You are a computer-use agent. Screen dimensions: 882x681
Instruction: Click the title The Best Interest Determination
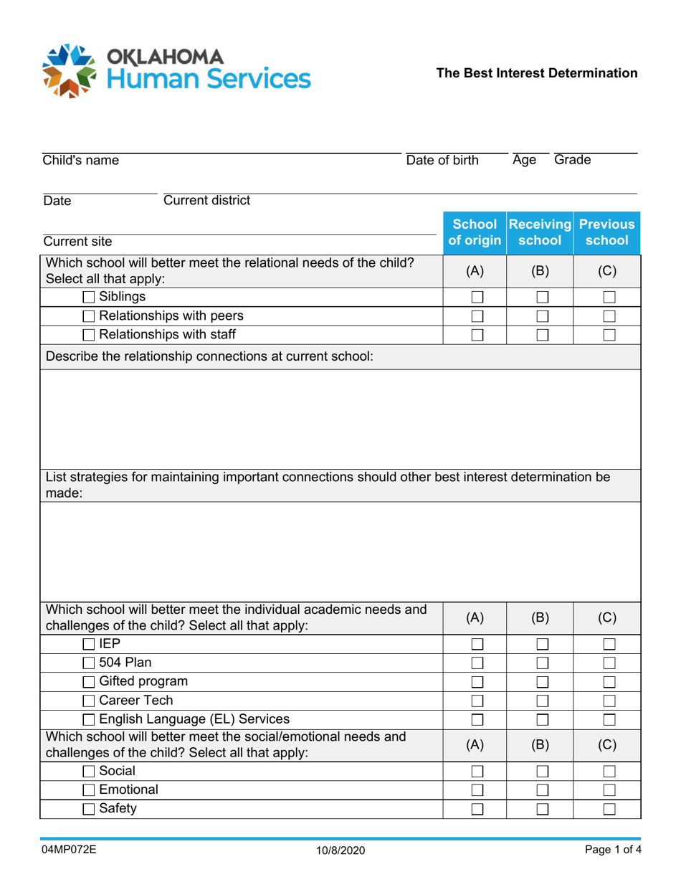537,73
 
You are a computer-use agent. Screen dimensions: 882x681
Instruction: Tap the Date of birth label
442,161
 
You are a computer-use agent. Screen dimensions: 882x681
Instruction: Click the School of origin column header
473,231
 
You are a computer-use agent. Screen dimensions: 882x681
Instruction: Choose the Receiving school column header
540,231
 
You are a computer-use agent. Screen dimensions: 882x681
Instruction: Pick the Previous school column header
606,231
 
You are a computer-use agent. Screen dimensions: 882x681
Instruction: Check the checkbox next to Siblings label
90,297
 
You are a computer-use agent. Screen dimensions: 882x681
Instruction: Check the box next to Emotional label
90,791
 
